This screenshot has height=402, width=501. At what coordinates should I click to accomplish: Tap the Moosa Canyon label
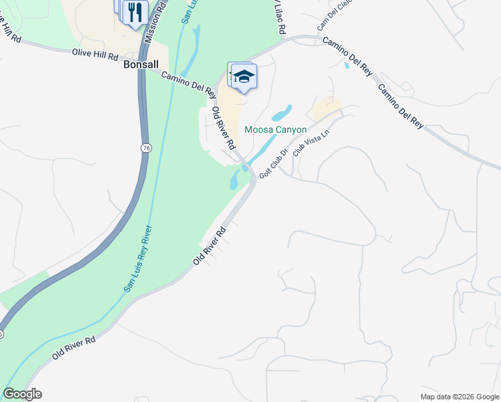coord(275,129)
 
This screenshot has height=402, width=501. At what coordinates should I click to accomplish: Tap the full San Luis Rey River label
coord(139,258)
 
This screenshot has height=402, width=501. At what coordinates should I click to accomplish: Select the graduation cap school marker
coord(244,77)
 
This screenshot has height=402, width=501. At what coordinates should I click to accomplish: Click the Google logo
coord(22,394)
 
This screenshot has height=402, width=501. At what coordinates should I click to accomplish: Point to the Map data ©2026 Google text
coord(459,397)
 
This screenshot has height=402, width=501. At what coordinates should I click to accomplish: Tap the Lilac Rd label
coord(279,17)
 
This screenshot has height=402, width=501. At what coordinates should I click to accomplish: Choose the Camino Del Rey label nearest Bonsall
coord(188,83)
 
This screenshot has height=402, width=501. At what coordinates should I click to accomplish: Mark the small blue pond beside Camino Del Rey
coord(346,65)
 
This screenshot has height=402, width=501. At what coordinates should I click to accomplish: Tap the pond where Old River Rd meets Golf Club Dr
coord(234,179)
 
